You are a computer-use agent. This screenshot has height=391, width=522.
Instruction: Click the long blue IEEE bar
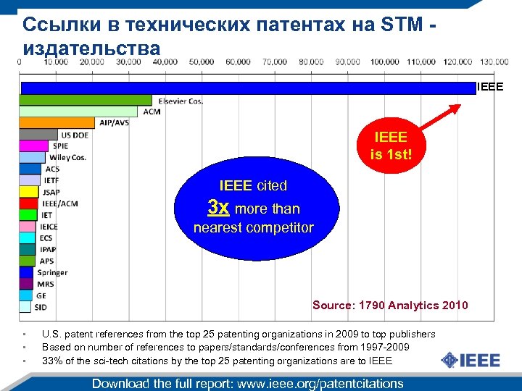pos(246,88)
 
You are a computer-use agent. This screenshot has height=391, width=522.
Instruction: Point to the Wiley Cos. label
pos(67,157)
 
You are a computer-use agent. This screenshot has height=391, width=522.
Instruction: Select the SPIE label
pos(60,146)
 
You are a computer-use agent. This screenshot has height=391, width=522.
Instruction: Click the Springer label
pos(53,272)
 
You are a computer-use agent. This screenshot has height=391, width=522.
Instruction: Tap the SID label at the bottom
pos(41,307)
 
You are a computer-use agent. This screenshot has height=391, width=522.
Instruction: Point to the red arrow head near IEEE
pos(455,109)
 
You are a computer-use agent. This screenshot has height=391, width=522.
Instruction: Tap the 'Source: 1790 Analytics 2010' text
pos(390,305)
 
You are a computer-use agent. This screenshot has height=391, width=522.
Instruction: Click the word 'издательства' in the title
pos(91,49)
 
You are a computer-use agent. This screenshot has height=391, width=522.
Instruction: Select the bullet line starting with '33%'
pos(217,360)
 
